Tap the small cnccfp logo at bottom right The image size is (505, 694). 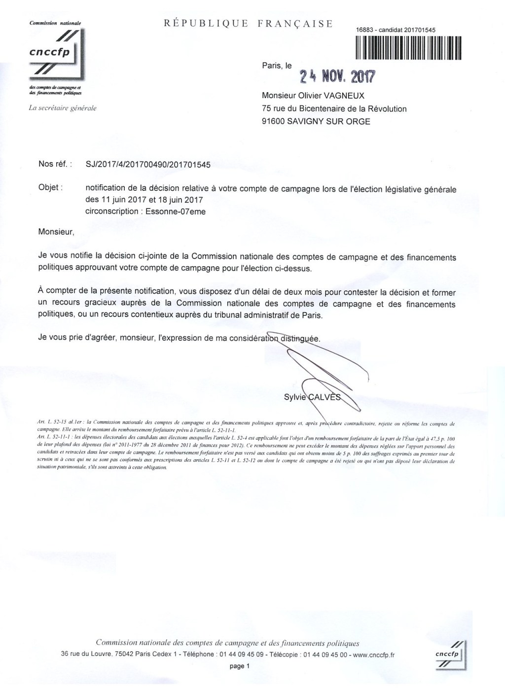[448, 654]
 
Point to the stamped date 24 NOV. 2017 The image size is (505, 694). [337, 76]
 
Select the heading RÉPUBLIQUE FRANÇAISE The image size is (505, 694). [248, 24]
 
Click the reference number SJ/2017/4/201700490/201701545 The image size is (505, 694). [148, 165]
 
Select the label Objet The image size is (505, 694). [50, 188]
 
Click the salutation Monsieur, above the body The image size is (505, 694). [56, 232]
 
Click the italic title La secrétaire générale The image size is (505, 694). [63, 108]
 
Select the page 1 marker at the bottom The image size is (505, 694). [240, 666]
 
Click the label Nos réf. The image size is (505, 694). [55, 164]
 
